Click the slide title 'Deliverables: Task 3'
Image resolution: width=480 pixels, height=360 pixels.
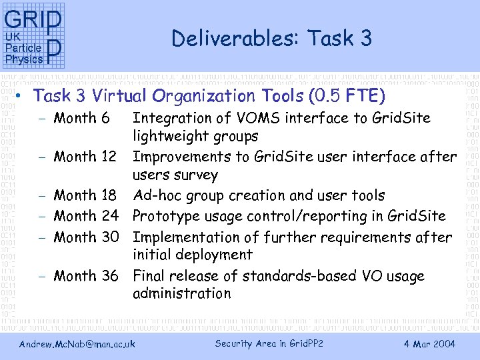click(271, 39)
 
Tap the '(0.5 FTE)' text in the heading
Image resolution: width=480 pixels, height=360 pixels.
click(347, 96)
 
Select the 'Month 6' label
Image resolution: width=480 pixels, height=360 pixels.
click(81, 119)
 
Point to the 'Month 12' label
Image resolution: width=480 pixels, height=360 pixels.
click(85, 157)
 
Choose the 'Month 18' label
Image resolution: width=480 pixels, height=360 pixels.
click(85, 196)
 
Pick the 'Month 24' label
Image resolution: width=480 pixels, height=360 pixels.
click(85, 217)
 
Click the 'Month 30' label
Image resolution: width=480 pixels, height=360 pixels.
click(85, 237)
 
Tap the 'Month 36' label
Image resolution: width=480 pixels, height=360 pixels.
click(85, 276)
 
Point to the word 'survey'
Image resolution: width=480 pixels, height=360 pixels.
click(197, 176)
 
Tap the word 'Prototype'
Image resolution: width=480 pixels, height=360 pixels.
click(165, 217)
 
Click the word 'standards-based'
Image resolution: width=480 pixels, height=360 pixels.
click(295, 276)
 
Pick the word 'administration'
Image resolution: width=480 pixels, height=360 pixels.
click(181, 294)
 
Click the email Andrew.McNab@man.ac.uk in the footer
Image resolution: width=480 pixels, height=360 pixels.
click(77, 344)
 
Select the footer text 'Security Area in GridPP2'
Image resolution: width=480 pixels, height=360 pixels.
click(269, 344)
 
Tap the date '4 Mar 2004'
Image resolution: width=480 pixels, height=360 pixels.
click(429, 344)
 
